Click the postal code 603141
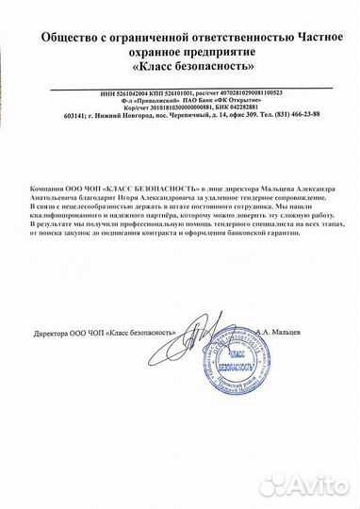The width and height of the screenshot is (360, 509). (72, 116)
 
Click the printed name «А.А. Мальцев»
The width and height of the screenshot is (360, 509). (304, 334)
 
